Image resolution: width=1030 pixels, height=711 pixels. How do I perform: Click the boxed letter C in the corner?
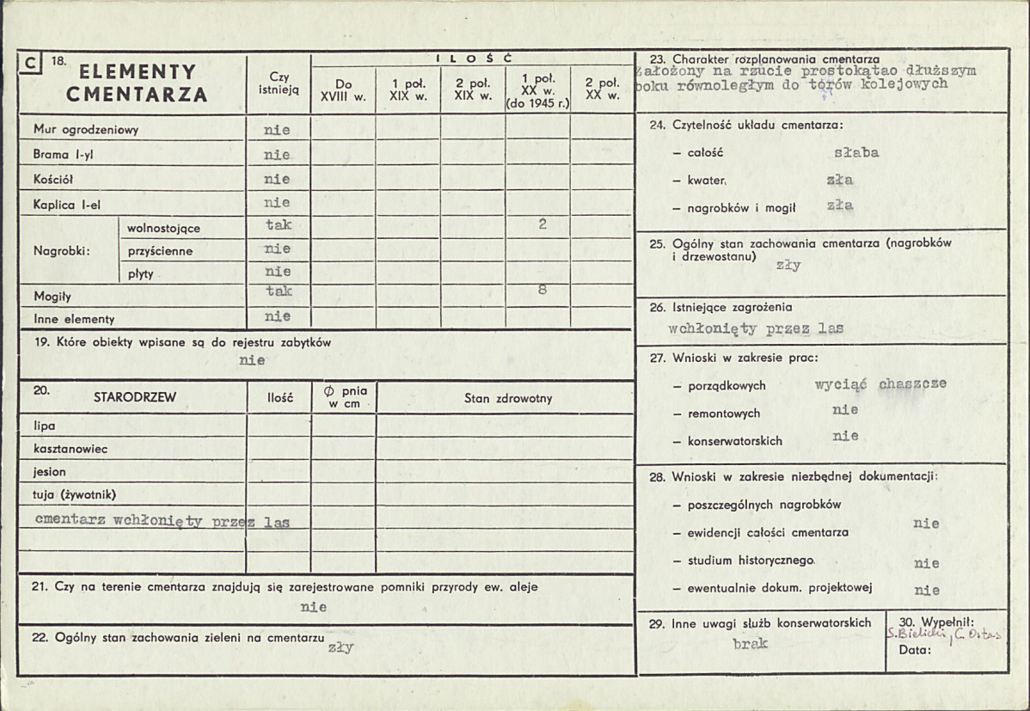click(x=31, y=61)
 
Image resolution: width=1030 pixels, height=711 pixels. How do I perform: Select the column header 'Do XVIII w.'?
click(x=343, y=90)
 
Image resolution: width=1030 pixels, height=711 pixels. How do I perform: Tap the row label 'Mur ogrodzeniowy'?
click(x=86, y=130)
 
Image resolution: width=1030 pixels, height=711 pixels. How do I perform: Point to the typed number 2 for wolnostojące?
click(x=543, y=224)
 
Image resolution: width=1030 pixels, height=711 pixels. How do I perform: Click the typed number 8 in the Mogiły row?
click(x=543, y=290)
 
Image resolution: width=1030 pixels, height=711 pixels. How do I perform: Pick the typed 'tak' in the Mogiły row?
click(x=279, y=291)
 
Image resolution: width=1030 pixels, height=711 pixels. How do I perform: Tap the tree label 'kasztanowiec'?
click(x=71, y=449)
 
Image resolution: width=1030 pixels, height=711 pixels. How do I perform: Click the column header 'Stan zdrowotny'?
click(x=508, y=398)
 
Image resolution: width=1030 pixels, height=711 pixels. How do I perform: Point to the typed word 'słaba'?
click(x=856, y=153)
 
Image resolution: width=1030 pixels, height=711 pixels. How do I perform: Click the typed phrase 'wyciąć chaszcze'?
click(x=880, y=384)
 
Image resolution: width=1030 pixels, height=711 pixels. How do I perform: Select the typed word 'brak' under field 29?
click(x=751, y=642)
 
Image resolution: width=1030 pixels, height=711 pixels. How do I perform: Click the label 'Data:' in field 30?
click(x=915, y=650)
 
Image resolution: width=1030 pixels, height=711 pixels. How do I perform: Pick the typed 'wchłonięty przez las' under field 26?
click(x=756, y=328)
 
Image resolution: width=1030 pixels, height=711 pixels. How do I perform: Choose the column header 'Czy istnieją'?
click(x=279, y=83)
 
